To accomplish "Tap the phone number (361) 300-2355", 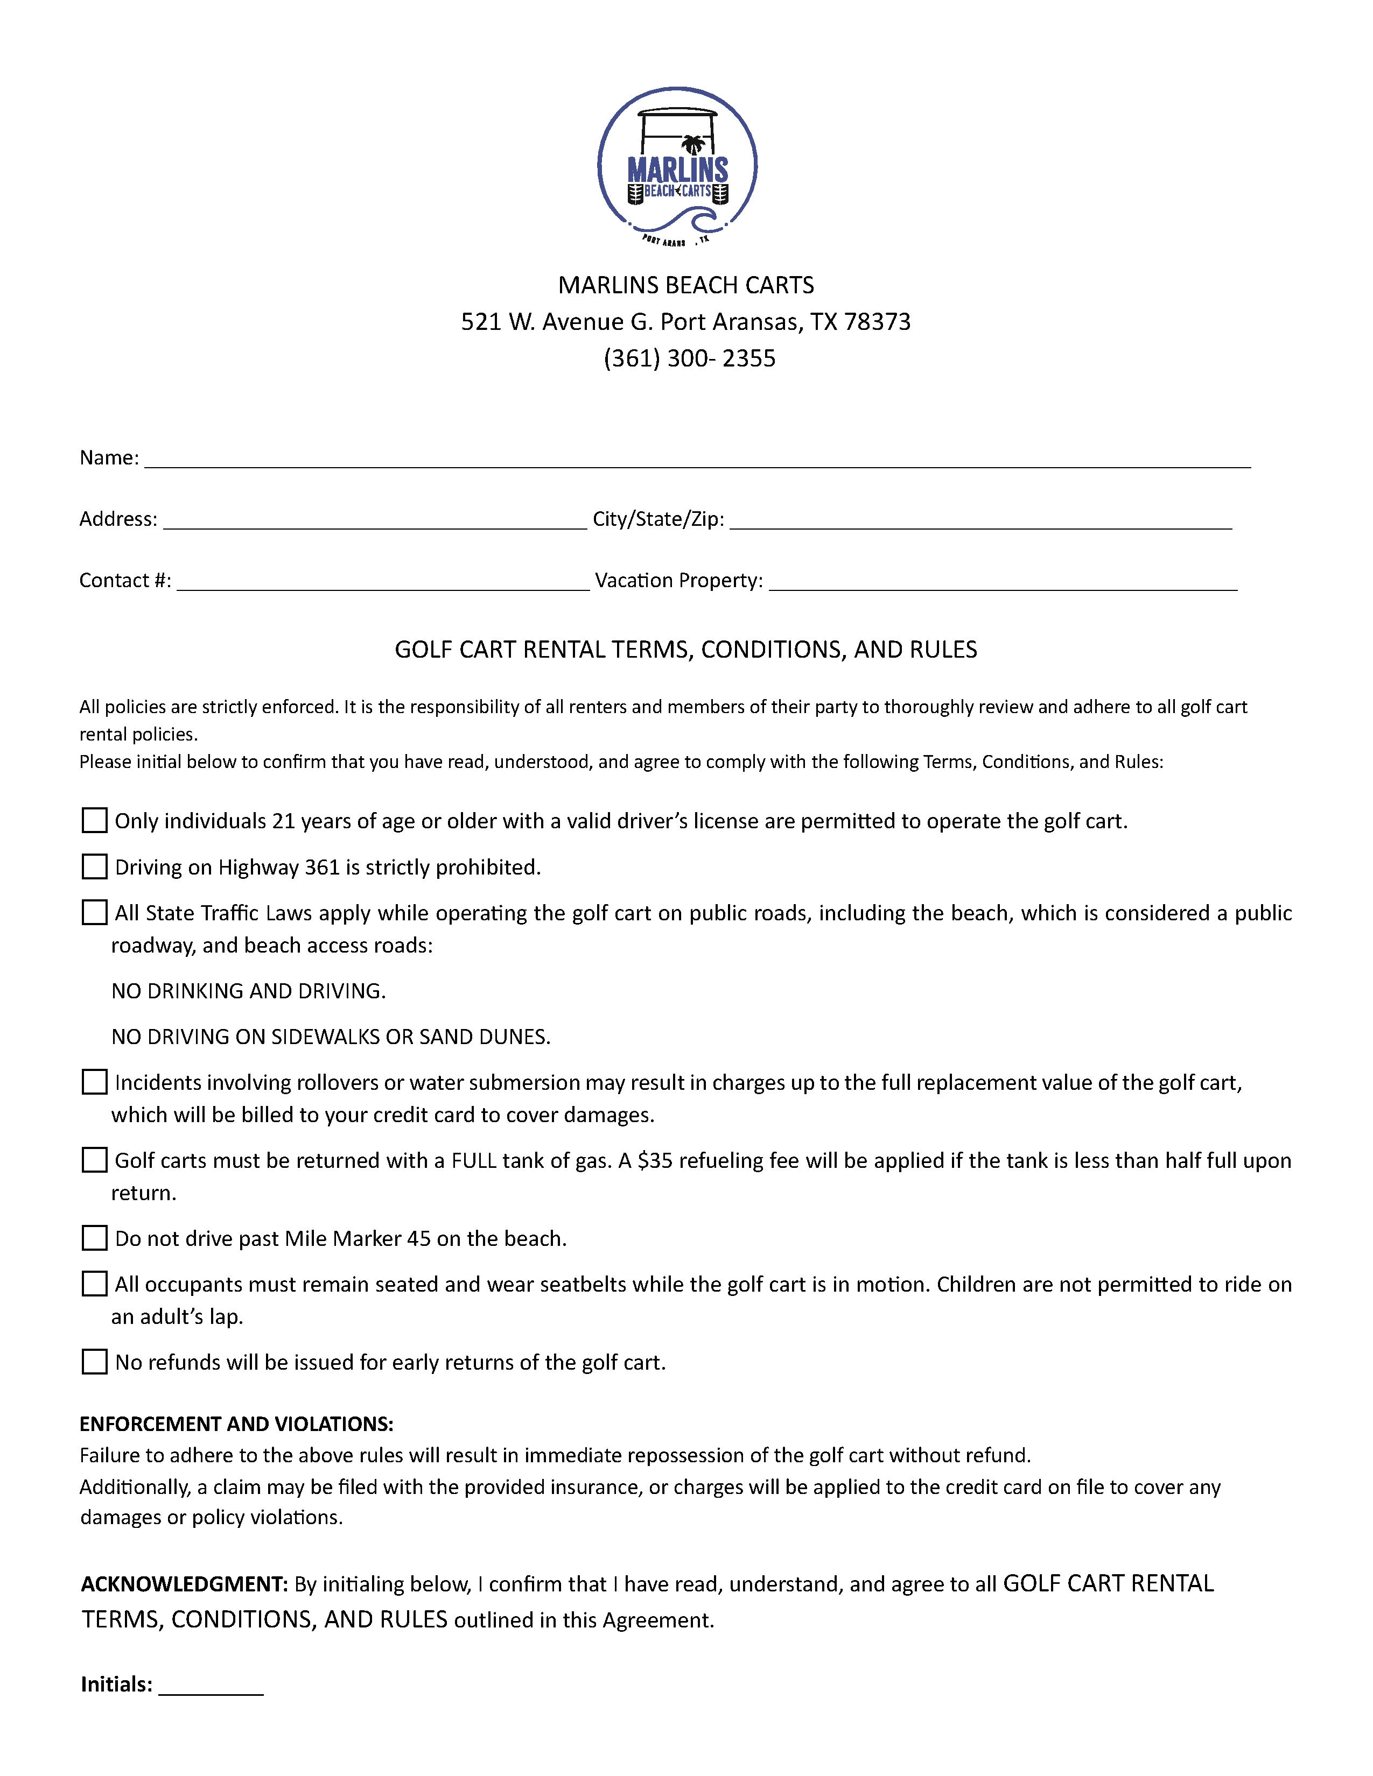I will click(689, 358).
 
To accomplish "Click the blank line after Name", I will click(697, 460).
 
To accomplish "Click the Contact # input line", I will click(382, 582).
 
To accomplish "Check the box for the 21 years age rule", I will click(94, 821).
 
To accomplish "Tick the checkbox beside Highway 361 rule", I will click(94, 867).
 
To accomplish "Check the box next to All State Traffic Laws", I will click(94, 912).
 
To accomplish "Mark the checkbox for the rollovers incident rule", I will click(94, 1082).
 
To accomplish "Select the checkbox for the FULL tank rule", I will click(94, 1160).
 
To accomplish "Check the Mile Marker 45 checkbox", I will click(94, 1238).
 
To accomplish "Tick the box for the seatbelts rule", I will click(94, 1284).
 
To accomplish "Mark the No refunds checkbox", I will click(94, 1362).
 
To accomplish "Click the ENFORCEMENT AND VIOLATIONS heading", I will click(236, 1424).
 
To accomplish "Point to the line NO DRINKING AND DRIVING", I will click(248, 991).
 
